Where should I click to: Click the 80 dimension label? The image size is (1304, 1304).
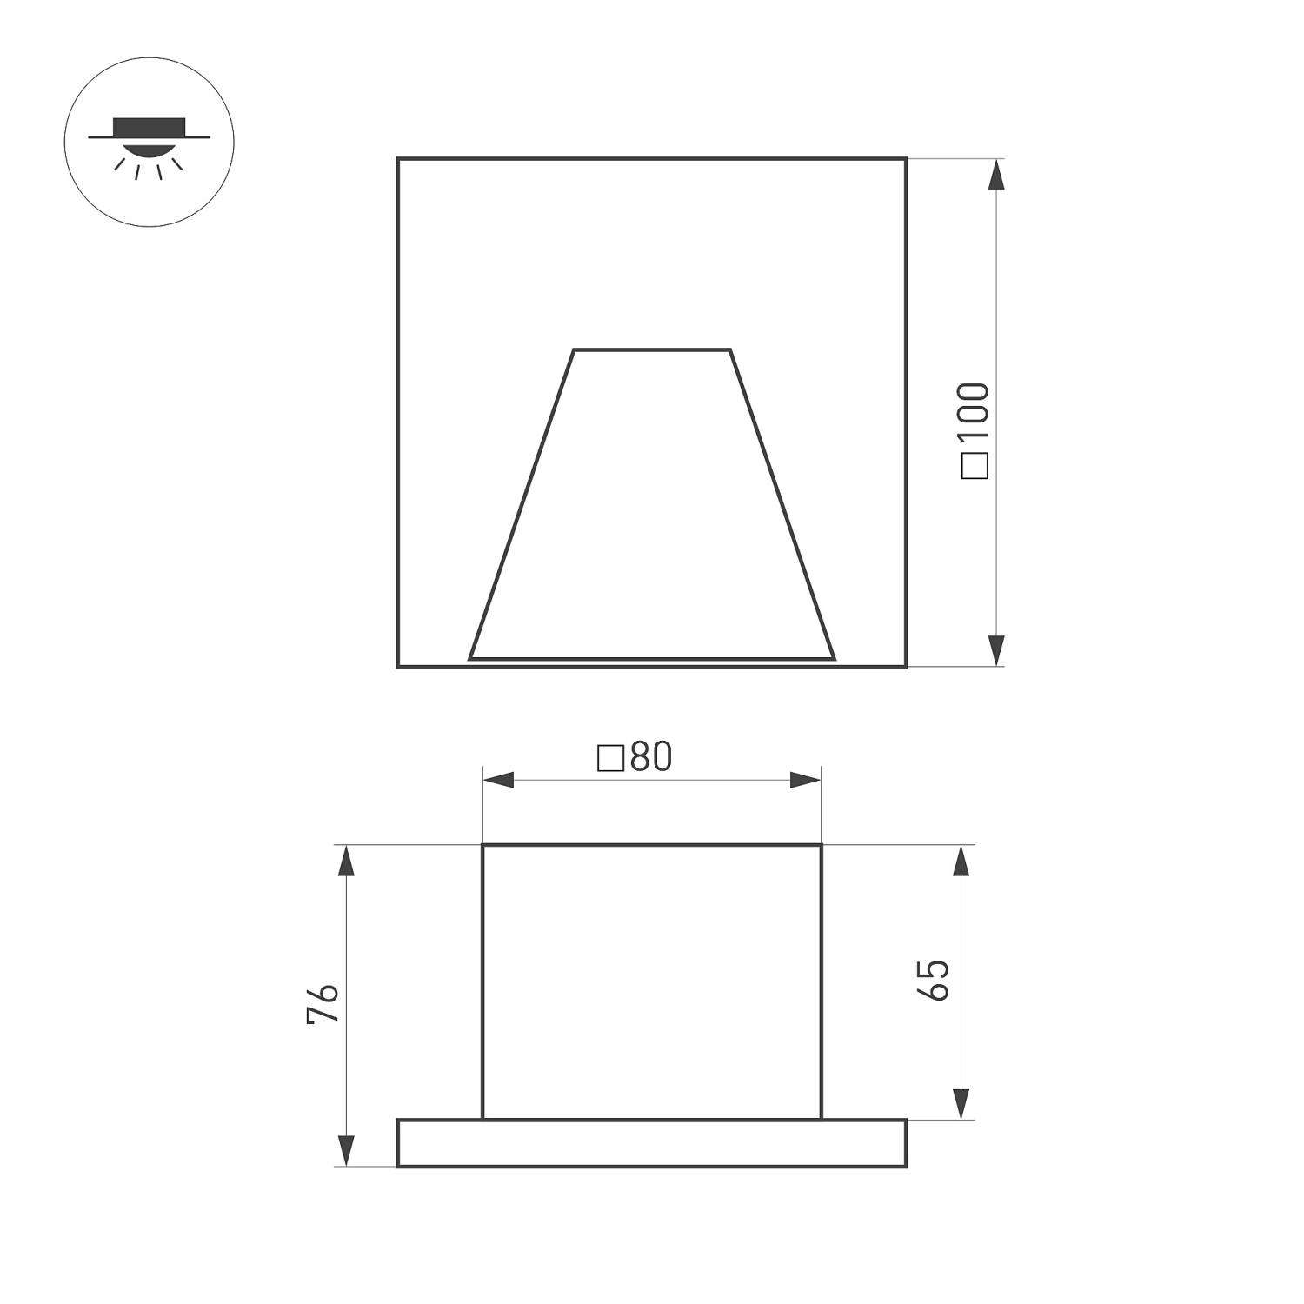pyautogui.click(x=651, y=757)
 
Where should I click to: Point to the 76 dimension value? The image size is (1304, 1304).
pyautogui.click(x=322, y=1004)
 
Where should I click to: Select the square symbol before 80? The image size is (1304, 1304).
pyautogui.click(x=611, y=759)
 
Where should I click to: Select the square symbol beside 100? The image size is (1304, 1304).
pyautogui.click(x=976, y=467)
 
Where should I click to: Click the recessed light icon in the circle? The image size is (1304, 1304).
pyautogui.click(x=149, y=142)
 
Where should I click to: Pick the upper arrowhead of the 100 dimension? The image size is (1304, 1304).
pyautogui.click(x=996, y=175)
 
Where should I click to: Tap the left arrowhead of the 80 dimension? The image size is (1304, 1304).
pyautogui.click(x=498, y=780)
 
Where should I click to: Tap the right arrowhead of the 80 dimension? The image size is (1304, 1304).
pyautogui.click(x=805, y=780)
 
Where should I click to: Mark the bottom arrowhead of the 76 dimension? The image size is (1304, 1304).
pyautogui.click(x=347, y=1149)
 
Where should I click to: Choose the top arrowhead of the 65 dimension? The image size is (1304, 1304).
pyautogui.click(x=961, y=861)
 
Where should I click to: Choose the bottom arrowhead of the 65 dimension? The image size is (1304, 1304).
pyautogui.click(x=961, y=1103)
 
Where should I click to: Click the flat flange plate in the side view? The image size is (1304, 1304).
pyautogui.click(x=652, y=1142)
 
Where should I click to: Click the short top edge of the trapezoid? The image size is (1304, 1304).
pyautogui.click(x=652, y=349)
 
